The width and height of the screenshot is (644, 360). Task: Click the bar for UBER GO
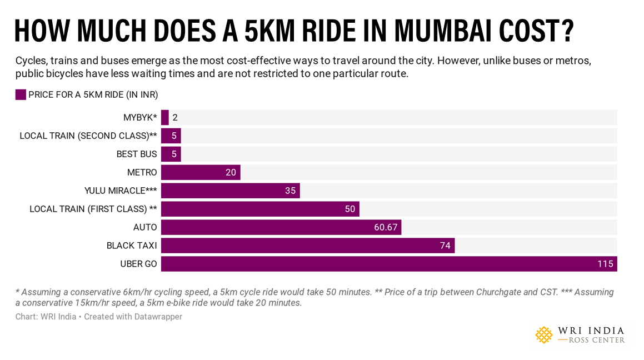tap(389, 264)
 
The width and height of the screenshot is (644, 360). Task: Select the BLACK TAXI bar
tap(308, 246)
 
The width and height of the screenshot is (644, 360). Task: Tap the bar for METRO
tap(201, 172)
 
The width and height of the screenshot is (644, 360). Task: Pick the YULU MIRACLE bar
tap(230, 191)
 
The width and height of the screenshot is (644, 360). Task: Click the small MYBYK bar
tap(165, 117)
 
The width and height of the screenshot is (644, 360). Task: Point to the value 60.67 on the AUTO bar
tap(386, 227)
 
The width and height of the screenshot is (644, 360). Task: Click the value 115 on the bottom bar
tap(605, 264)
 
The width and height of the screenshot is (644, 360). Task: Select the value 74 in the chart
tap(445, 246)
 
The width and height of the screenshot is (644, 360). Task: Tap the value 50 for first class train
tap(350, 209)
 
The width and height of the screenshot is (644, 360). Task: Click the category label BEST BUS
tap(137, 154)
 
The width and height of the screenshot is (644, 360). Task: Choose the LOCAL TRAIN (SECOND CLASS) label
tap(88, 136)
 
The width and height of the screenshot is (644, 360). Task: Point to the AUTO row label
tap(145, 227)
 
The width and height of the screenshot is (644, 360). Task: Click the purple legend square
tap(21, 94)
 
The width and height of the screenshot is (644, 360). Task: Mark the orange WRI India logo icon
tap(544, 334)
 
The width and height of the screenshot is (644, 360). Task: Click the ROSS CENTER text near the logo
tap(597, 340)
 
